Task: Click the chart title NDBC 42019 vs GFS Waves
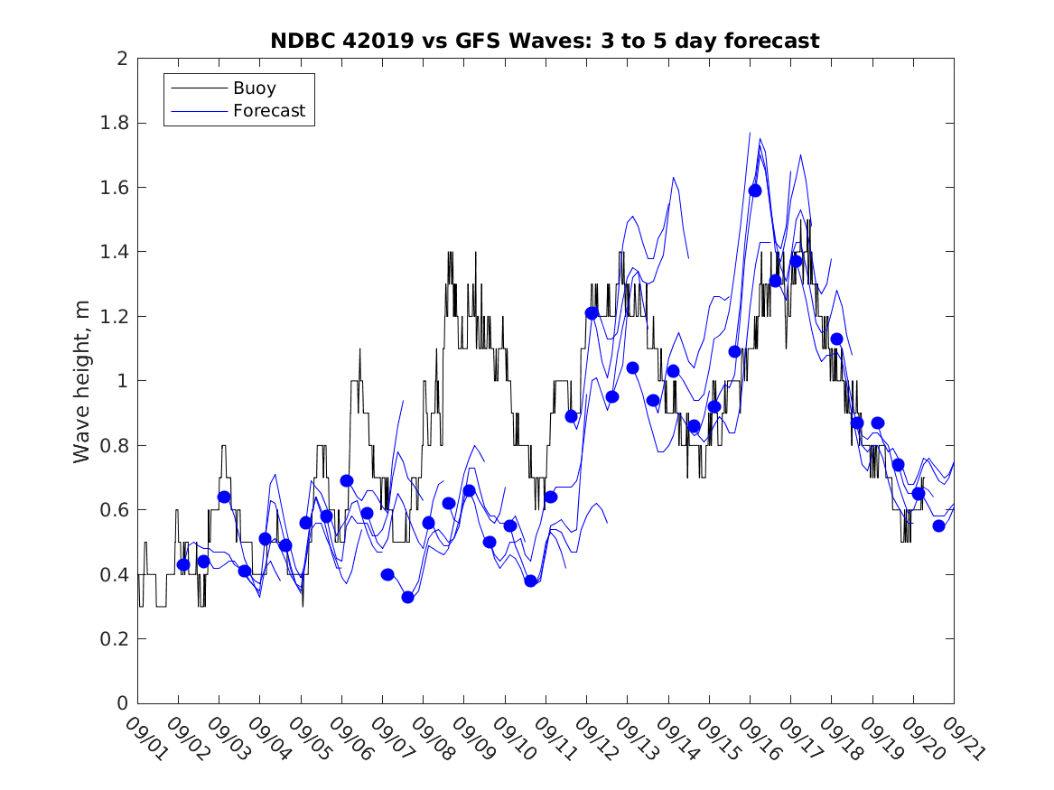545,42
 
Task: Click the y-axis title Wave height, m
82,381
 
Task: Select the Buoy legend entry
255,88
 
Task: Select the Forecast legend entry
269,112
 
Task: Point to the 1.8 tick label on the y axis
115,123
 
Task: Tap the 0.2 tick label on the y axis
115,639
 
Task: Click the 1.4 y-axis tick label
115,252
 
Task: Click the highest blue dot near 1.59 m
755,191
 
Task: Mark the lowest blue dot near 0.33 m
407,597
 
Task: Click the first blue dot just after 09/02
183,564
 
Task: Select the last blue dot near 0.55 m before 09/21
938,525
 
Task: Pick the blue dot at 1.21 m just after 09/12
592,313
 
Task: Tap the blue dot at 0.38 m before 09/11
530,581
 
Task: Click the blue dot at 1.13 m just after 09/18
836,339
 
